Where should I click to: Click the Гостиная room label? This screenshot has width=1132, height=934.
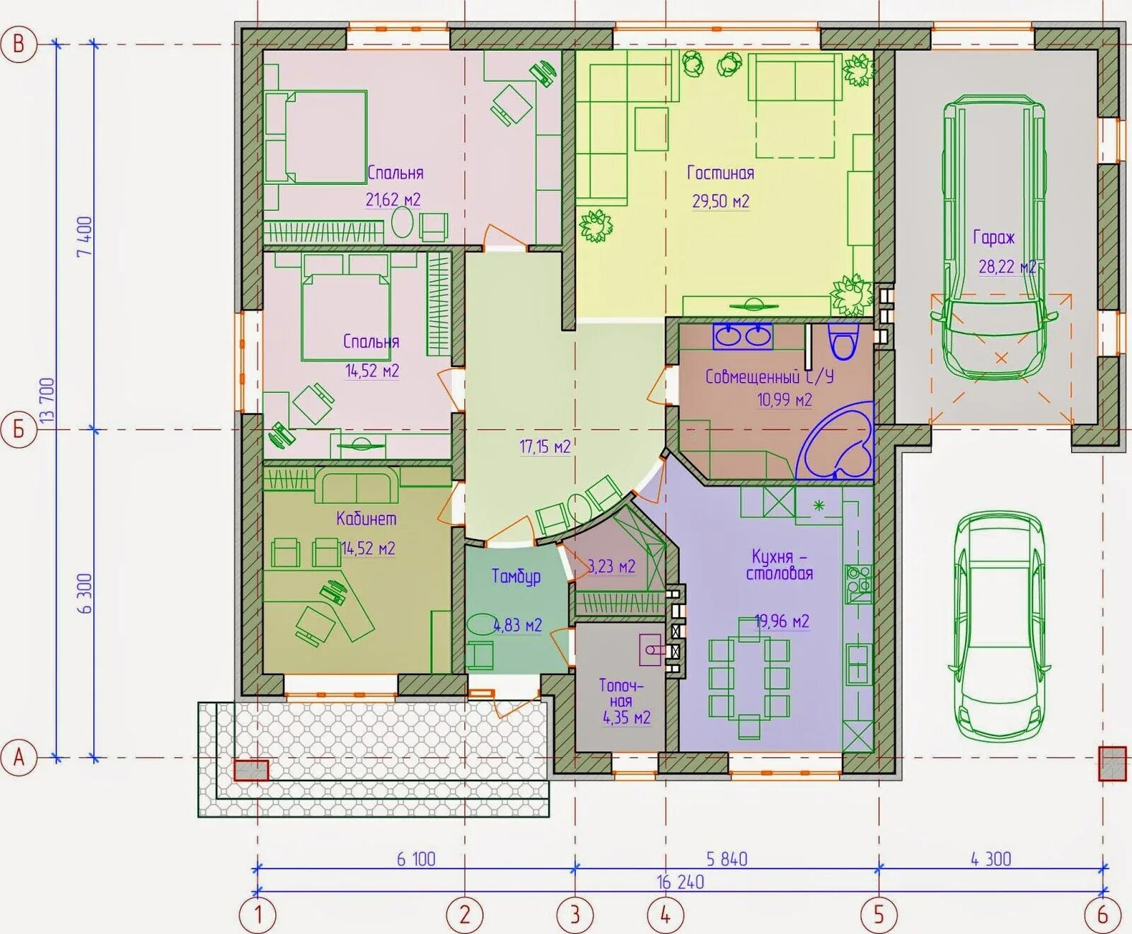point(720,173)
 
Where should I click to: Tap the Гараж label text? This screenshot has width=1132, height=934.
point(993,238)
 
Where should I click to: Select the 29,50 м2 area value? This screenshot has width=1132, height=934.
point(720,202)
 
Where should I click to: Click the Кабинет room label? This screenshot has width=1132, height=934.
point(366,519)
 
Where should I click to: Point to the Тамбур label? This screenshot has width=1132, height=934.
point(516,577)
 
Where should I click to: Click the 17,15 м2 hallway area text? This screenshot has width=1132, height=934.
point(545,446)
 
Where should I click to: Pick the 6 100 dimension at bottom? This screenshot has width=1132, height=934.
point(416,859)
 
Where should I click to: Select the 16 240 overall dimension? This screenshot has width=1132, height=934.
point(681,882)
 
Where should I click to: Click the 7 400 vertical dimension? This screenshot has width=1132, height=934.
point(84,237)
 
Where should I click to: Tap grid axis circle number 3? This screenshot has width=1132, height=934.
point(574,915)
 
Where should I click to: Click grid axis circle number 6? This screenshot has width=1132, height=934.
point(1103,915)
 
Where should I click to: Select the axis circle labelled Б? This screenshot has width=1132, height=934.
point(19,429)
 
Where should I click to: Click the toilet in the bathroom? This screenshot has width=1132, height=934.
point(843,342)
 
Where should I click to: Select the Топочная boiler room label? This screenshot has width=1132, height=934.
point(621,693)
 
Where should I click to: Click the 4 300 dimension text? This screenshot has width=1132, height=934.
point(990,859)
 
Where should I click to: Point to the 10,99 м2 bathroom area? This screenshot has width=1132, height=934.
point(785,400)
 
